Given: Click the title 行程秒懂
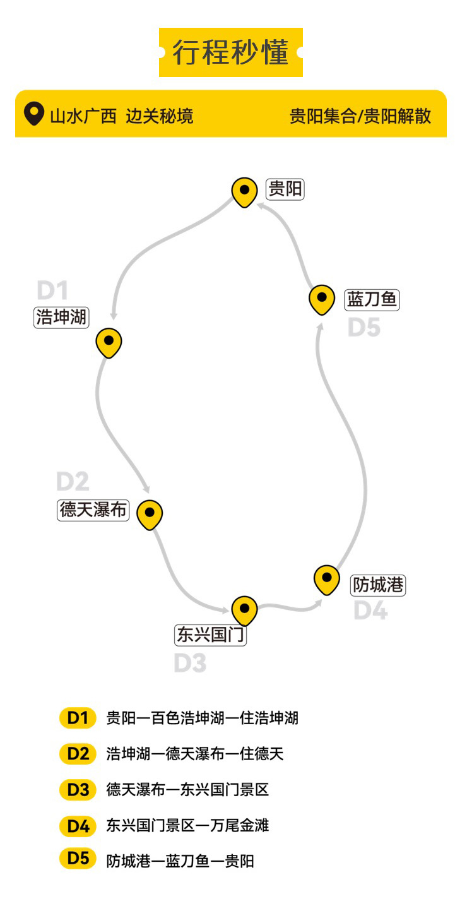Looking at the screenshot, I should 230,52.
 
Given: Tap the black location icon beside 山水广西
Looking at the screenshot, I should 32,114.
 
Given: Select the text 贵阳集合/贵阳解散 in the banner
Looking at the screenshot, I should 360,116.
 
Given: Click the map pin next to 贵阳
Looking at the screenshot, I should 245,191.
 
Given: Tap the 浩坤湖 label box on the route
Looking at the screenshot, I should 61,317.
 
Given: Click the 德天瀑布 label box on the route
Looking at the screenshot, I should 93,510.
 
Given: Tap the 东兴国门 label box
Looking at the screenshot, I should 210,635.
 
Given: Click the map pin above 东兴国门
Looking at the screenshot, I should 244,610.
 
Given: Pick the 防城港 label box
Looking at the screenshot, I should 378,585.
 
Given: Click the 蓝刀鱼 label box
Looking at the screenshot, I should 372,299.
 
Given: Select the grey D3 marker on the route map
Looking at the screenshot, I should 190,664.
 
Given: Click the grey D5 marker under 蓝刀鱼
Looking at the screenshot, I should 364,328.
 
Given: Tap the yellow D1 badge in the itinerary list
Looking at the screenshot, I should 78,718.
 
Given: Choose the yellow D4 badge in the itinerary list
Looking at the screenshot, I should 78,825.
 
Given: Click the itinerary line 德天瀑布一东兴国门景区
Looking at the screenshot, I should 187,790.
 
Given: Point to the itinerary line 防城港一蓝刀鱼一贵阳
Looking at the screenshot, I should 180,861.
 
